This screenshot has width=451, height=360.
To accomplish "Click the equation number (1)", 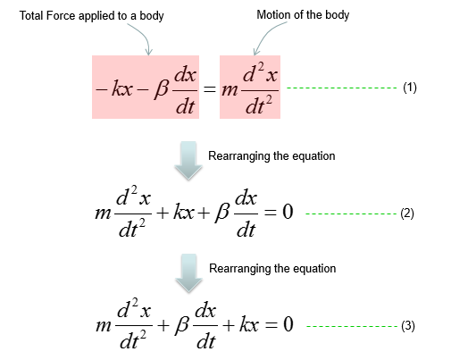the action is point(410,88).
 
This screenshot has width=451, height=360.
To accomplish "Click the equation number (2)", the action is point(407,213).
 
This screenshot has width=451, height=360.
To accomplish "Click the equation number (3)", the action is point(408,326).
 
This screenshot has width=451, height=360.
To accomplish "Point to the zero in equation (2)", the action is point(288,212).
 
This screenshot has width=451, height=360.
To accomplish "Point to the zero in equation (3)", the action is point(288,324).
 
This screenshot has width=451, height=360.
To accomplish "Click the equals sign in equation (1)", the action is point(210,88).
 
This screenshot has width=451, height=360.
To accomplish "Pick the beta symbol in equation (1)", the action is point(162,88).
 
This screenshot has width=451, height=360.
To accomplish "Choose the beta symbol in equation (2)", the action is point(222,213).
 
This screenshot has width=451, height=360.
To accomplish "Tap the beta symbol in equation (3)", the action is point(181,324).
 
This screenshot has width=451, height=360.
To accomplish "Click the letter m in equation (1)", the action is point(230,89).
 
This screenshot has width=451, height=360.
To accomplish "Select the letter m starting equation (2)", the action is point(103,213).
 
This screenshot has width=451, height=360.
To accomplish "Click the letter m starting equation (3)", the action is point(104,325).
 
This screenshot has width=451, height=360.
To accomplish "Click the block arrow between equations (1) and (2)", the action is point(188,161).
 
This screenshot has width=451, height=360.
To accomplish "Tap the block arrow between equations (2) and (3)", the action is point(188,272).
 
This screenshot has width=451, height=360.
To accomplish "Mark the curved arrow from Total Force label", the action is point(145,36).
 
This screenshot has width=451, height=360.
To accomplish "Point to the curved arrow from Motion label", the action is point(264,34).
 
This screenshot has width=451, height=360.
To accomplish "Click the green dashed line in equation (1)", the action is point(342,88).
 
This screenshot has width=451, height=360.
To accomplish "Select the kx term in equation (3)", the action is point(249,324).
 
